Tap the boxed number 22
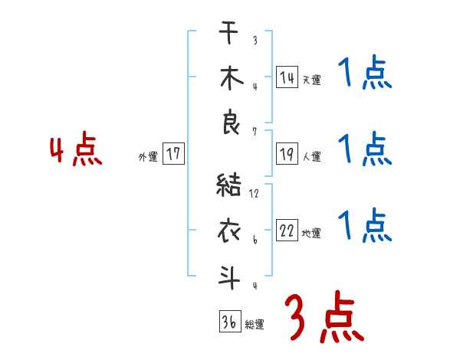pyautogui.click(x=287, y=231)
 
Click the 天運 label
pyautogui.click(x=311, y=80)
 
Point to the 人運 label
pyautogui.click(x=311, y=157)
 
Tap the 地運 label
pyautogui.click(x=311, y=234)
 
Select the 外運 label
pyautogui.click(x=147, y=157)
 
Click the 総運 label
pyautogui.click(x=254, y=325)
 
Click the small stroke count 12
pyautogui.click(x=254, y=194)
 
